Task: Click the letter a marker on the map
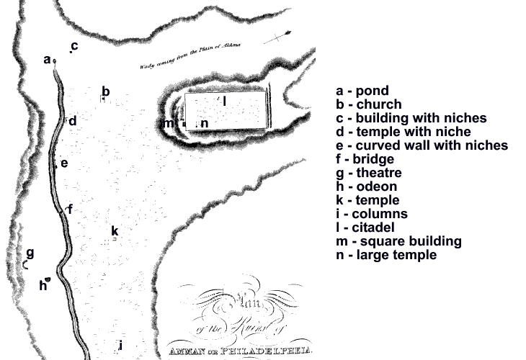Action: (47, 60)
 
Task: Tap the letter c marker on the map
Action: (74, 46)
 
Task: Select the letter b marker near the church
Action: (105, 91)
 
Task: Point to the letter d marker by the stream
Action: (73, 121)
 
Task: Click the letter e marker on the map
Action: (64, 163)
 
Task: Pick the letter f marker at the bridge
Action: (70, 209)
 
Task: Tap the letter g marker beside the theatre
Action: (30, 253)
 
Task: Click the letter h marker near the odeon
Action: (43, 285)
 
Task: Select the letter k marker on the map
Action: (115, 230)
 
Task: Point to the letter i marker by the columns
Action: (120, 344)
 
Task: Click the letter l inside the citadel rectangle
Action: (225, 101)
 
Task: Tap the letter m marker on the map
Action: (169, 123)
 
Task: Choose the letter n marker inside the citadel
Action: (205, 123)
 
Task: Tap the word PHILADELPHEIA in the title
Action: (271, 352)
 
